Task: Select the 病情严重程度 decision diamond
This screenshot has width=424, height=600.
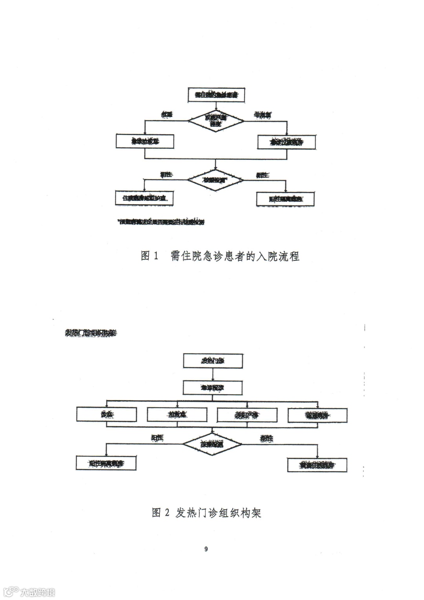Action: (216, 120)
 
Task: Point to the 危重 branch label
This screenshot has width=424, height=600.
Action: (167, 115)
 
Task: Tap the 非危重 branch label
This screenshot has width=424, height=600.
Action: (262, 115)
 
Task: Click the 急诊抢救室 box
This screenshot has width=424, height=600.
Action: (145, 141)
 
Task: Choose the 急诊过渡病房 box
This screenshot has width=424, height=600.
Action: (286, 142)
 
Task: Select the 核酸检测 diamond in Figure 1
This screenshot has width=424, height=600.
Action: (216, 180)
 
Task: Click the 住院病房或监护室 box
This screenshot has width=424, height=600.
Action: (144, 198)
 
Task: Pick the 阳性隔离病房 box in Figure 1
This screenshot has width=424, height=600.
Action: (285, 199)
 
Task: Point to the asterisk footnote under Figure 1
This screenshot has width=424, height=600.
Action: (161, 222)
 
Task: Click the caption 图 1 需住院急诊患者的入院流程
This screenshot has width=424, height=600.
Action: (220, 256)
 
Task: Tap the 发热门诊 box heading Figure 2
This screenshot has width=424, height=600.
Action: (213, 360)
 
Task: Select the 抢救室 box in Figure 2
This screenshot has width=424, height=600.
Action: (177, 414)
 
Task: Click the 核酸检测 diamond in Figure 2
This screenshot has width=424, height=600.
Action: (212, 444)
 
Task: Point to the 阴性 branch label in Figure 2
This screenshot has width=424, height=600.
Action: (267, 439)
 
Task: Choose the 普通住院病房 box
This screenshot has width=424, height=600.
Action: (317, 465)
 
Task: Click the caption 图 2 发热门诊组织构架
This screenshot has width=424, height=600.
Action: (207, 513)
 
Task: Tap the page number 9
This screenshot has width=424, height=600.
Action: (206, 549)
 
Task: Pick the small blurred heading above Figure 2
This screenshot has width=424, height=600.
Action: (90, 333)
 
